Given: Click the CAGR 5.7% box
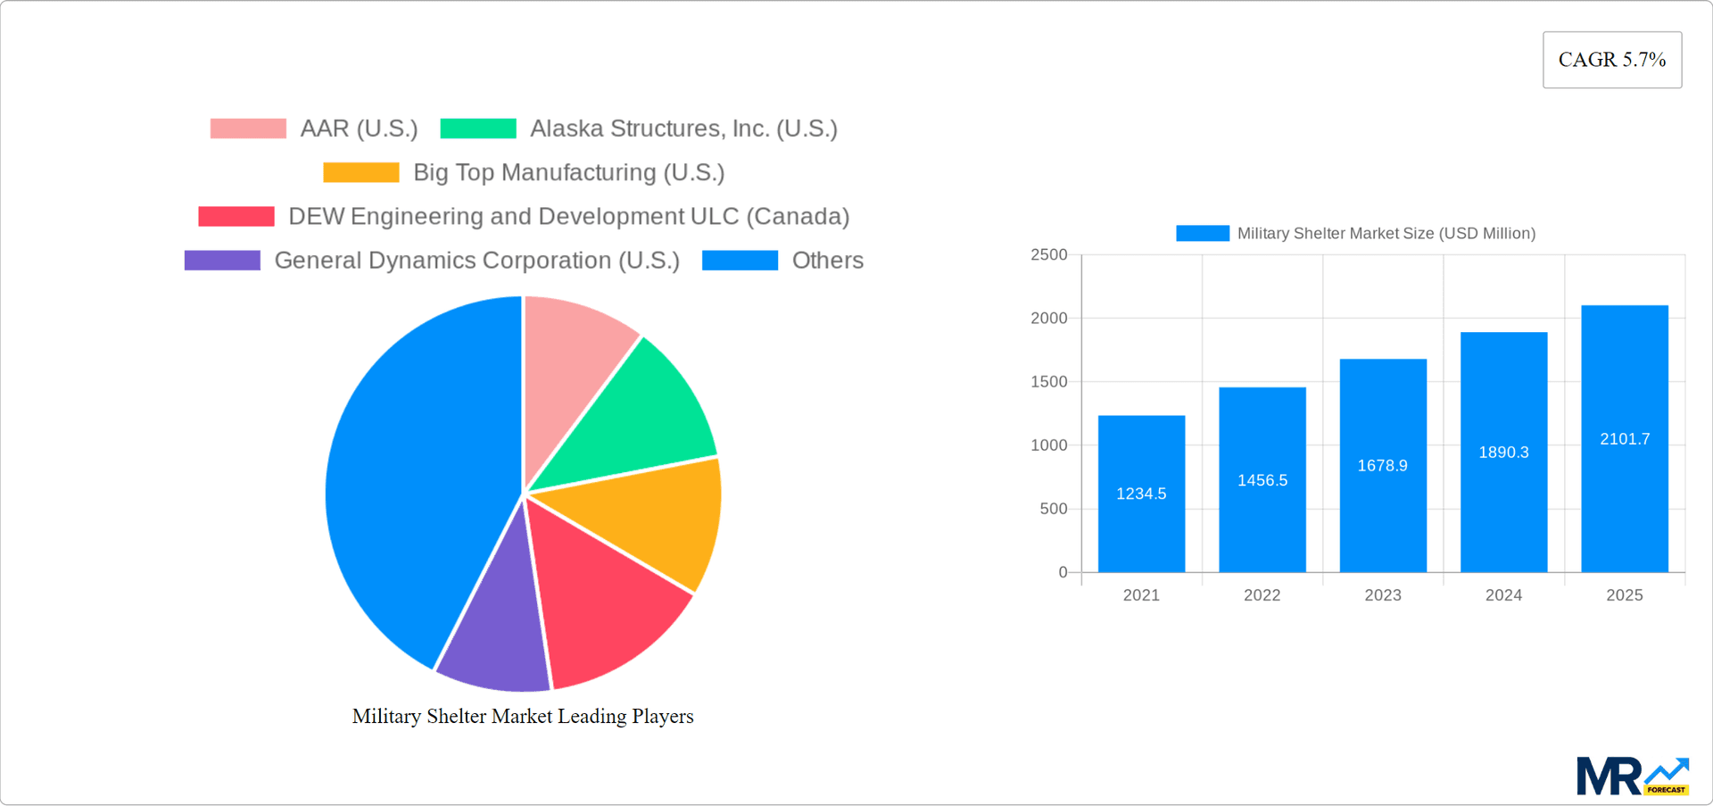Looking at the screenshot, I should [1611, 60].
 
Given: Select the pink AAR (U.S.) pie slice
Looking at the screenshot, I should [571, 375].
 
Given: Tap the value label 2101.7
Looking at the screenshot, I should [1625, 439].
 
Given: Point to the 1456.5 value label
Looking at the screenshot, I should [1262, 480].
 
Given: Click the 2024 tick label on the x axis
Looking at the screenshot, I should [1503, 595].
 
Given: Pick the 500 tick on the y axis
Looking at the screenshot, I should [1055, 509].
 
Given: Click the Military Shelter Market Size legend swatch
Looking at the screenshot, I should [1202, 233].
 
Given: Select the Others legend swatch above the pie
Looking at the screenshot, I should [740, 261].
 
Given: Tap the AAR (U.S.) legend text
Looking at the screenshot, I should [359, 129].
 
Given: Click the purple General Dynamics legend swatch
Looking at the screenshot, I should [222, 261].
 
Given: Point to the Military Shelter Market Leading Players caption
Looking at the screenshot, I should [523, 716].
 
